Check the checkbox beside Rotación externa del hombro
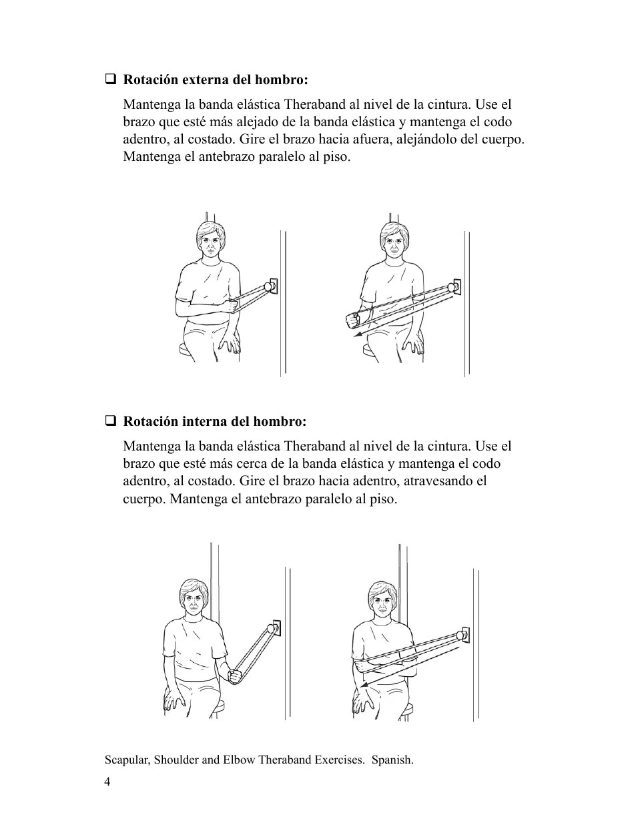[110, 80]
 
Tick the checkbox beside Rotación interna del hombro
[110, 422]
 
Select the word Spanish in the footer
[392, 760]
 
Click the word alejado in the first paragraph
[281, 122]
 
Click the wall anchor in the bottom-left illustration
[274, 628]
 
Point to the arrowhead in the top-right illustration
[358, 335]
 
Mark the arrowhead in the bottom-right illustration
[361, 686]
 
